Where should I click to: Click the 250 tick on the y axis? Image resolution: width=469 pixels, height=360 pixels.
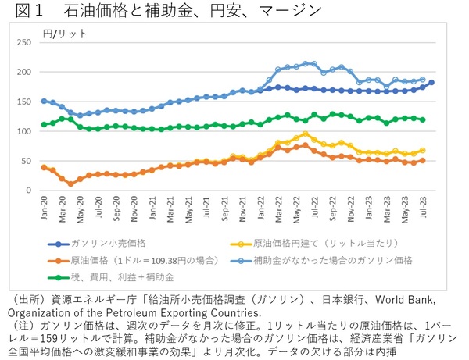[x=29, y=42]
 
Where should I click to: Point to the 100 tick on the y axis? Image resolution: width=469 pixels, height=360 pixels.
[x=29, y=131]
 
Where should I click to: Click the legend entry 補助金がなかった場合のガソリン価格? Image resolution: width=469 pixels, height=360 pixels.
[x=343, y=260]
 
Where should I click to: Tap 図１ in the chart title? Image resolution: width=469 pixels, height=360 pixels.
[x=23, y=11]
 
